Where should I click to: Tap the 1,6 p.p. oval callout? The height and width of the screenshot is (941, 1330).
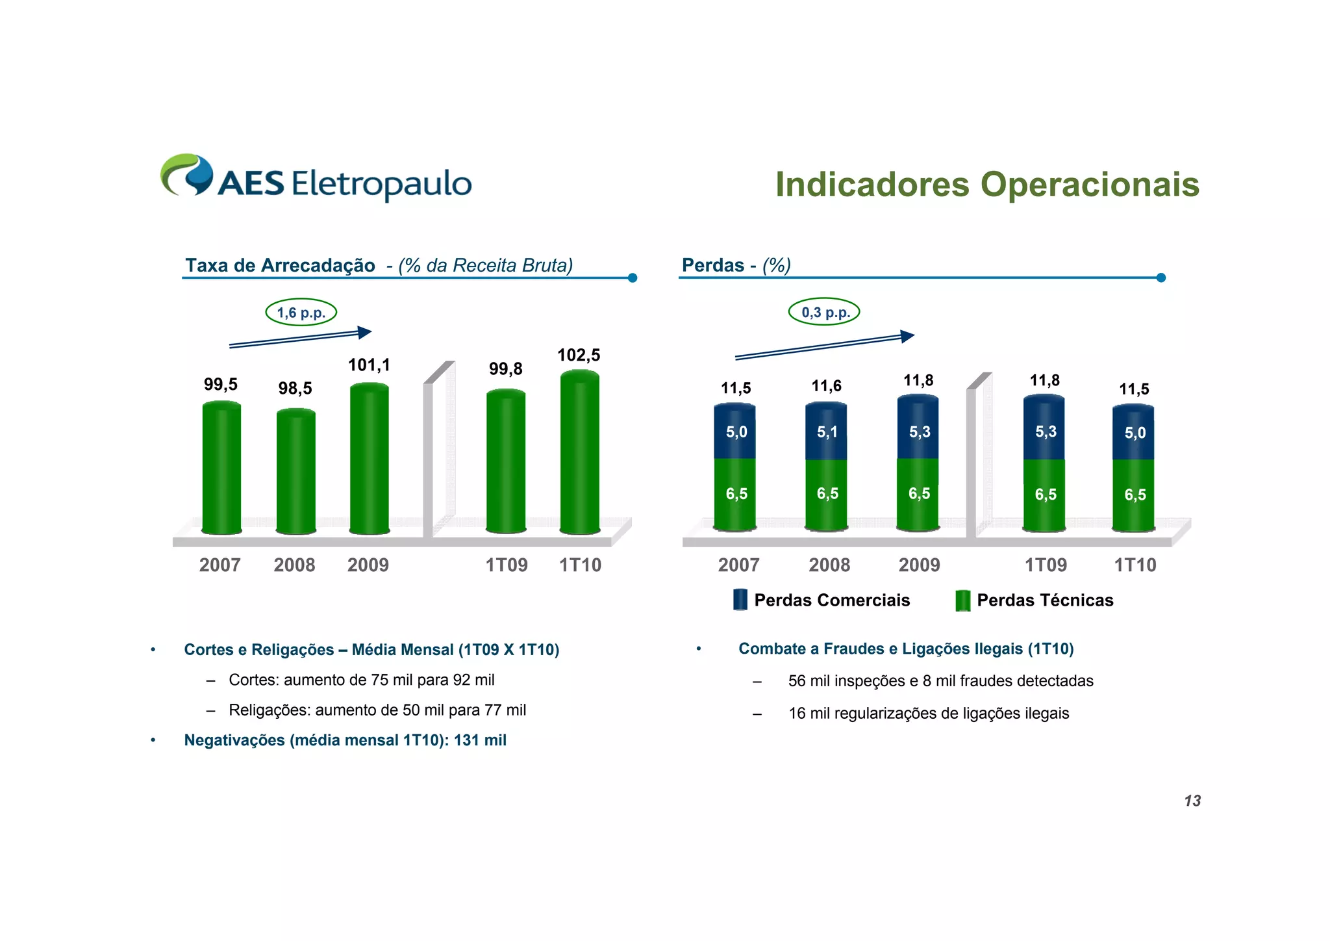[301, 313]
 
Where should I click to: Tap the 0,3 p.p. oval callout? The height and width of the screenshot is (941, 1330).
[824, 312]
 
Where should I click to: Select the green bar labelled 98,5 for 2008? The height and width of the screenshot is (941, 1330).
[295, 471]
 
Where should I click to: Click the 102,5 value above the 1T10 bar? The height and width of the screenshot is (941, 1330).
[579, 355]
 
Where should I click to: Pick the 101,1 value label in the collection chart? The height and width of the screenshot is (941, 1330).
[369, 365]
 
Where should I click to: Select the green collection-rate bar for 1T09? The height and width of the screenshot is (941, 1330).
[506, 461]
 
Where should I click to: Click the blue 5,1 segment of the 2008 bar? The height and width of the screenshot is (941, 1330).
[826, 432]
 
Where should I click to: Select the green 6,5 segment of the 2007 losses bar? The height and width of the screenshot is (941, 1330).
[735, 494]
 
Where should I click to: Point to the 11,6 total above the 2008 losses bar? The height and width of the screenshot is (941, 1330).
[826, 386]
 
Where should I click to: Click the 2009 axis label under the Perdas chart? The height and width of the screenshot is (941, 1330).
[919, 565]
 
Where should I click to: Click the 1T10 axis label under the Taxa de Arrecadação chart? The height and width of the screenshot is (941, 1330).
[580, 565]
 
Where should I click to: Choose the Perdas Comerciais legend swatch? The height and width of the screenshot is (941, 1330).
[740, 599]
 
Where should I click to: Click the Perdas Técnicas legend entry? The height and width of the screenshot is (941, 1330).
[1044, 600]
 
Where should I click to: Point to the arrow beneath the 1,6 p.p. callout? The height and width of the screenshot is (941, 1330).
[300, 338]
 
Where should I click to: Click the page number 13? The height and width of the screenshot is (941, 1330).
[1192, 801]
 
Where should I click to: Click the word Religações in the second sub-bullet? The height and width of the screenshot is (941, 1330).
[269, 710]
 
